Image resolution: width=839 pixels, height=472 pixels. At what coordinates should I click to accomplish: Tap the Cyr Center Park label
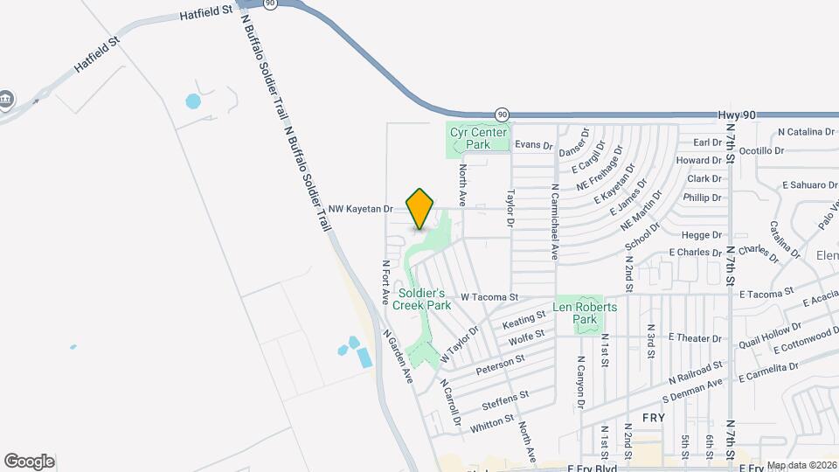point(478,138)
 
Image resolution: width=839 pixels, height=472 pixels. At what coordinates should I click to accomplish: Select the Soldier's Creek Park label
point(421,299)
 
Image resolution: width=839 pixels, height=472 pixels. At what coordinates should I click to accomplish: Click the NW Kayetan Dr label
point(361,209)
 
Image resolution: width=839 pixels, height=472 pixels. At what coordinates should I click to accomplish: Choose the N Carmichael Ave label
point(554,222)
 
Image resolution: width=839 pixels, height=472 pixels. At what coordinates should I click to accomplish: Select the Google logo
point(29,461)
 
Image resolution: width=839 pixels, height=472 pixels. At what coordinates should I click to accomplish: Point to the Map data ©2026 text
point(801,465)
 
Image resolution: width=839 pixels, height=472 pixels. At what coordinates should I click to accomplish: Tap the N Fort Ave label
point(385,282)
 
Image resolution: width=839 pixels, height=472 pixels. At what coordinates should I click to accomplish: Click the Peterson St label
point(501,364)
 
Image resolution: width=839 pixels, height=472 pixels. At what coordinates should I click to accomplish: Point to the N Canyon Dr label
point(579,382)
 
